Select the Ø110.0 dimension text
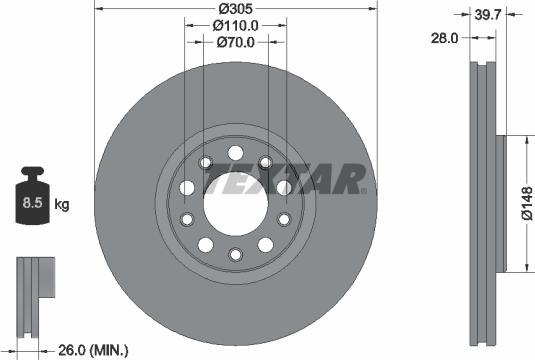[x=236, y=25]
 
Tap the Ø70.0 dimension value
[x=236, y=43]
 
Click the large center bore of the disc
[x=234, y=204]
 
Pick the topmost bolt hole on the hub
[x=234, y=153]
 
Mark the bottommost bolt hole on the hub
[x=234, y=255]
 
